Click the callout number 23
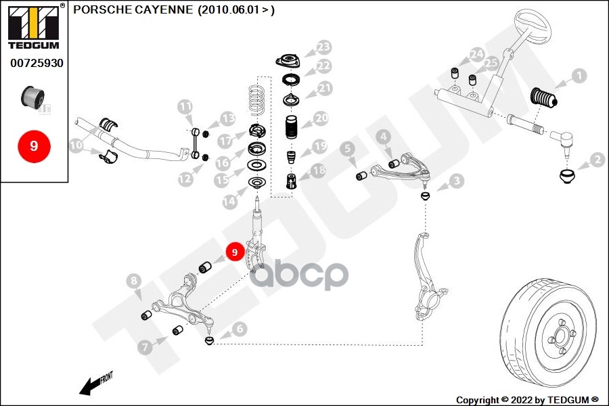(x=323, y=47)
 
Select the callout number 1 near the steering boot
(x=579, y=75)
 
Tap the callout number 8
(x=134, y=281)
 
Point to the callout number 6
(x=240, y=329)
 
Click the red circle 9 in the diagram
(x=234, y=252)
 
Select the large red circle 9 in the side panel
(x=34, y=145)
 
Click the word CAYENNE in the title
(x=167, y=9)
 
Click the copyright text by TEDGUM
(x=528, y=400)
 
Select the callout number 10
(x=76, y=145)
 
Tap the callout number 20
(x=320, y=118)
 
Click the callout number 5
(x=347, y=148)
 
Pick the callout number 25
(x=491, y=63)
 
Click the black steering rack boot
(x=545, y=98)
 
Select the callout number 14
(x=231, y=200)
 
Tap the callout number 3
(x=457, y=181)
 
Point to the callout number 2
(x=597, y=160)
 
